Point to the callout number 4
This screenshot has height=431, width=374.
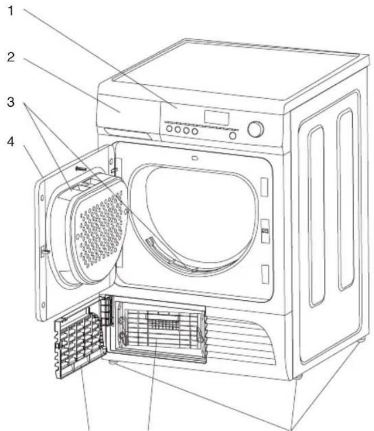coord(10,140)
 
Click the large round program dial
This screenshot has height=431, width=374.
coord(256,129)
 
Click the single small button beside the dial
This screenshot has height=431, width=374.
coord(233,135)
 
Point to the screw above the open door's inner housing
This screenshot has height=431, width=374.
coord(82,168)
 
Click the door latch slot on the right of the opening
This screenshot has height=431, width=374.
coord(265,227)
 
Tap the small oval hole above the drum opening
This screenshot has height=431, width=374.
coord(195,158)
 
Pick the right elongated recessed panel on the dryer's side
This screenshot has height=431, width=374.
coord(346,202)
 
